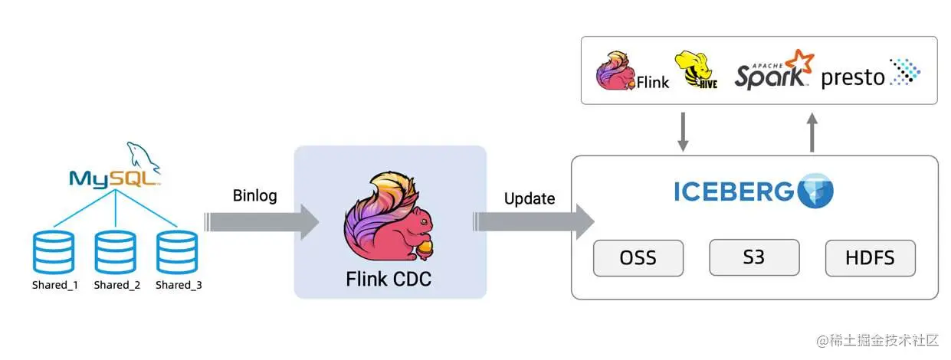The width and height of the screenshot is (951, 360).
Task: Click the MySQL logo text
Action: point(115,178)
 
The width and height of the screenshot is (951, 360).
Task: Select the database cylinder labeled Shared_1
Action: point(54,252)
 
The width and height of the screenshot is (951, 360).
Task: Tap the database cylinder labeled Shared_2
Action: point(116,252)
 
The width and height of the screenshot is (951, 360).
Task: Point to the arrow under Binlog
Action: point(261,221)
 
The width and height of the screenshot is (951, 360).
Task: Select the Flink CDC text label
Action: point(389,280)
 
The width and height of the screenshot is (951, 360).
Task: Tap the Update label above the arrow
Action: point(529,198)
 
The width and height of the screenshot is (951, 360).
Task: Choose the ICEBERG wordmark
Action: point(733,191)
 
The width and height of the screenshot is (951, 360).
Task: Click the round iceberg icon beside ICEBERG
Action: point(815,191)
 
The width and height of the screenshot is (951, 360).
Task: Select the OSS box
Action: point(638,258)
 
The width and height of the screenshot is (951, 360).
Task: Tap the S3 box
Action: point(754,257)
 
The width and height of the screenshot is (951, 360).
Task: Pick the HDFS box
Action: point(870,258)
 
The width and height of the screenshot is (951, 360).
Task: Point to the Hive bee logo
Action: point(697,70)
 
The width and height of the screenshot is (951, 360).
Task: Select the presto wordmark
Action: point(853,78)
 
